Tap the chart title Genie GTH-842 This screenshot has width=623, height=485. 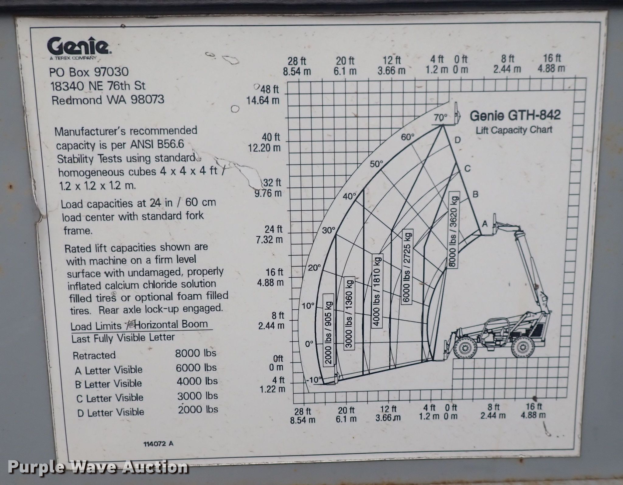[x=515, y=115]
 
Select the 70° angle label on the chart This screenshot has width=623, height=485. [x=440, y=117]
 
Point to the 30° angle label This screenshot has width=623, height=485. [x=329, y=230]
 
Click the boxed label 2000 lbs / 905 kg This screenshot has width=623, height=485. [x=329, y=329]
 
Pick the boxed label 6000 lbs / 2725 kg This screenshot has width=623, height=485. [x=408, y=267]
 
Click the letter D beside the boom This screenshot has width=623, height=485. [x=458, y=140]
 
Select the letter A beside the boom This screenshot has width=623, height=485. [x=485, y=224]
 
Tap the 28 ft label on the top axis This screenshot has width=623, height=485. [x=297, y=61]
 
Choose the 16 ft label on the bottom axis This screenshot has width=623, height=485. [x=534, y=406]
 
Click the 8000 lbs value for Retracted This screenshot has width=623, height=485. [x=196, y=353]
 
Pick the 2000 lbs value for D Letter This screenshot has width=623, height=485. [x=198, y=409]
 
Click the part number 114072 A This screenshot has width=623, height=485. [x=158, y=444]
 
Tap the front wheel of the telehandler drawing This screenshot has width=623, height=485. [x=465, y=348]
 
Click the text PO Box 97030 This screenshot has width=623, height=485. [x=89, y=72]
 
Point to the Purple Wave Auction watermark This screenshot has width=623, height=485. [x=98, y=467]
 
